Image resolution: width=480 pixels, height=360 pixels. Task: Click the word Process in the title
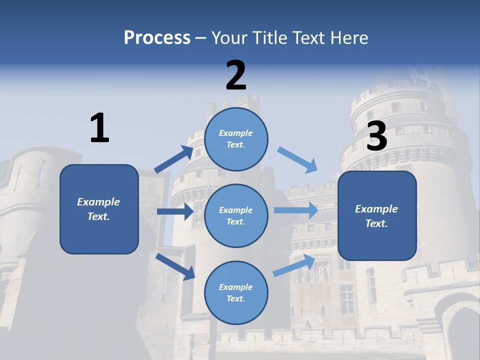tap(157, 37)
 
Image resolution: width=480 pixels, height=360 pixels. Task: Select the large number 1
tap(99, 128)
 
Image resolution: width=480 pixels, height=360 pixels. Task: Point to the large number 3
tap(376, 136)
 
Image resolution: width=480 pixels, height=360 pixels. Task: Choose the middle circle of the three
tap(236, 216)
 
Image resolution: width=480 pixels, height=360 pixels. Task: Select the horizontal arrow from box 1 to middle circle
tap(175, 211)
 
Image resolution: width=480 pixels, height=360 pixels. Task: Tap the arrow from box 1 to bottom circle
tap(175, 266)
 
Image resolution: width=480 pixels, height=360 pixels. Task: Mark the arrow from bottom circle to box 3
tap(294, 265)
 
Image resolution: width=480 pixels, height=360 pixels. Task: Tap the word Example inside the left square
tap(98, 202)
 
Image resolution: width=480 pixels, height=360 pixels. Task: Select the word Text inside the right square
tap(376, 223)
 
